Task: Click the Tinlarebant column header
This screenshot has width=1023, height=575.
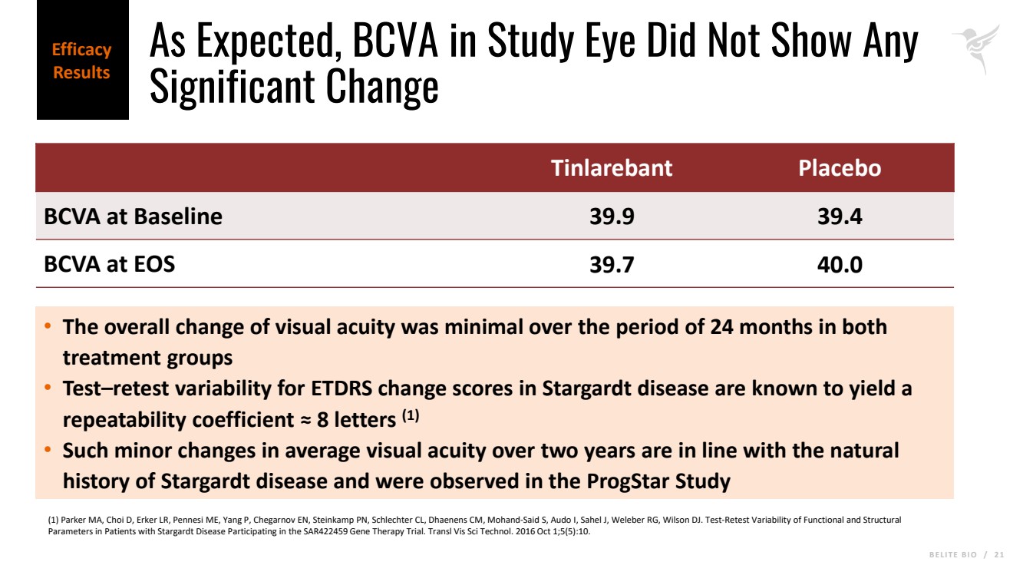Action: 611,168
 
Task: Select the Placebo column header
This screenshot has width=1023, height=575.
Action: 840,168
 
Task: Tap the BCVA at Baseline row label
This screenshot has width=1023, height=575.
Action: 133,216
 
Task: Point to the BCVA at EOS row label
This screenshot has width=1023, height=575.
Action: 109,264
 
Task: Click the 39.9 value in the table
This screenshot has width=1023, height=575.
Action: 612,216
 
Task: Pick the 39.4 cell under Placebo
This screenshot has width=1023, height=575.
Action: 840,216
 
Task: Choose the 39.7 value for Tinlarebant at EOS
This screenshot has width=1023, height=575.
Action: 612,265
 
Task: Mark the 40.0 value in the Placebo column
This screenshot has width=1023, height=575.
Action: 840,265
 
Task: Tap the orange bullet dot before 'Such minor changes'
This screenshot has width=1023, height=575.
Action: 48,450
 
